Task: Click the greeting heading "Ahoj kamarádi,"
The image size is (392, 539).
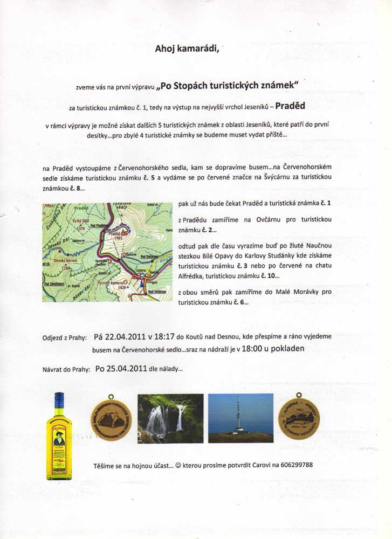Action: point(187,49)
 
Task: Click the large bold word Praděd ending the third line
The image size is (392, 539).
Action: point(293,106)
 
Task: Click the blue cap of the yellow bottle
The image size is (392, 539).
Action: point(59,399)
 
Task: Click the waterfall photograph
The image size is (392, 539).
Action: point(170,418)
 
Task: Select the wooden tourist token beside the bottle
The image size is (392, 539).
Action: point(111,419)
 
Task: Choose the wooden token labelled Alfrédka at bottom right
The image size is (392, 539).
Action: point(299,419)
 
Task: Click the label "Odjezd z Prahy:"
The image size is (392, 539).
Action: point(64,338)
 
